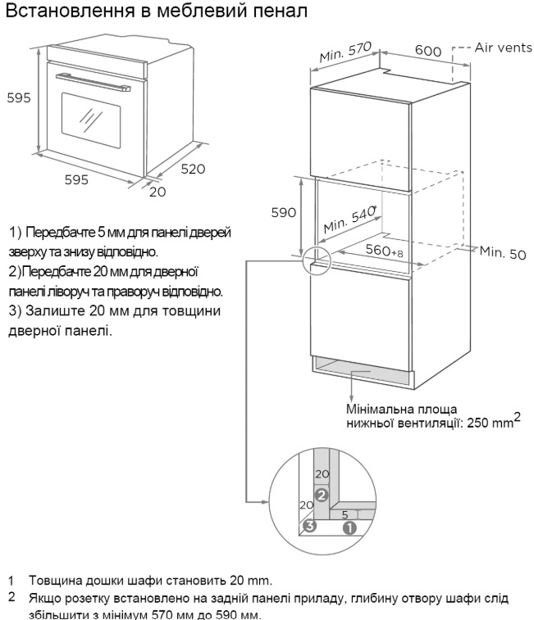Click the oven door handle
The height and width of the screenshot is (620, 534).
[x=93, y=82]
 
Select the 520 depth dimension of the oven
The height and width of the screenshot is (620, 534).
[x=193, y=170]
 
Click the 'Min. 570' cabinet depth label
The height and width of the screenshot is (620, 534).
[x=345, y=52]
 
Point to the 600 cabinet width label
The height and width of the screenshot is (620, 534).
[x=428, y=51]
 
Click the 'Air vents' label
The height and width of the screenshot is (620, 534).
[x=503, y=48]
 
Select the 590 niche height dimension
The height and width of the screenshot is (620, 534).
[x=284, y=213]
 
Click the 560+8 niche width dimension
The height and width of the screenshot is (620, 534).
[x=384, y=251]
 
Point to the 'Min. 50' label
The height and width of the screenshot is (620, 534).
[x=503, y=252]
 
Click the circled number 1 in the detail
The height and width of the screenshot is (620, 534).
[x=349, y=528]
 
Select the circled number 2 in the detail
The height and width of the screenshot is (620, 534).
[x=322, y=495]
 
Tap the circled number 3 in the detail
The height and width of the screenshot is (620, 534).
[x=310, y=526]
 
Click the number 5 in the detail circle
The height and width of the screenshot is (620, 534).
[x=345, y=514]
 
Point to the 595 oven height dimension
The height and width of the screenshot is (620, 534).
[x=19, y=97]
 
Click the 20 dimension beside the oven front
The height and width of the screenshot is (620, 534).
[x=157, y=192]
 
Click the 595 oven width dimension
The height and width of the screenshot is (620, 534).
[x=76, y=180]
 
